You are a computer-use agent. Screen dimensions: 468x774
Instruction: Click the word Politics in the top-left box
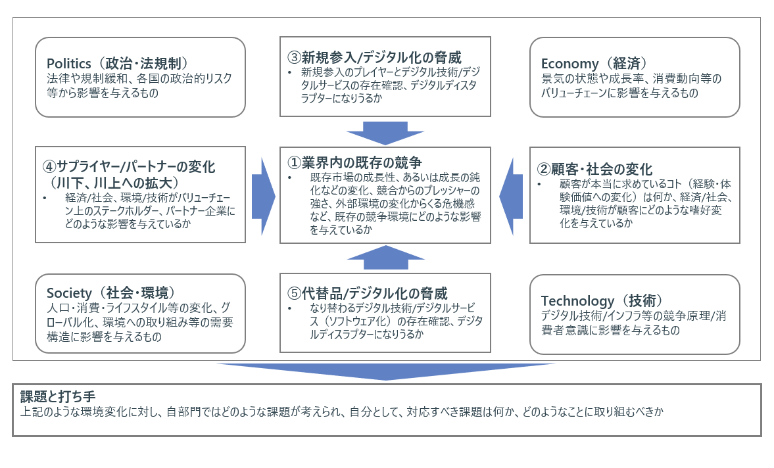point(68,64)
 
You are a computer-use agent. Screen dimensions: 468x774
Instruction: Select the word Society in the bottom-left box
point(68,292)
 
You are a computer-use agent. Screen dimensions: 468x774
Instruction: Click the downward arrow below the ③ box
point(385,132)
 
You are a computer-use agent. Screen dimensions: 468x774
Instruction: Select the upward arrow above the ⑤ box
point(385,256)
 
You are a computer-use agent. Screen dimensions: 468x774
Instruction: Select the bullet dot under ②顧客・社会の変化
point(541,185)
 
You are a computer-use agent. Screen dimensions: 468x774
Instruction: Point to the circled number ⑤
point(293,292)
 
